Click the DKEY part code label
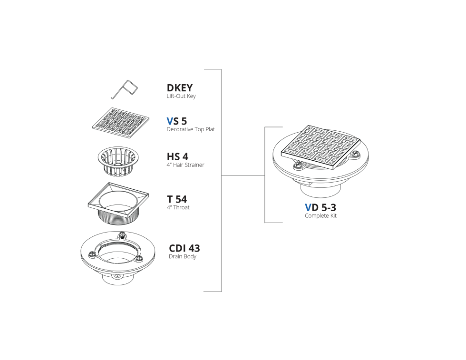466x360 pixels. pos(180,88)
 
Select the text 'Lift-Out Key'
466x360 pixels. pos(181,96)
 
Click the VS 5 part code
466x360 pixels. pos(176,121)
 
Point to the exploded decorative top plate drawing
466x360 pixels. pos(121,123)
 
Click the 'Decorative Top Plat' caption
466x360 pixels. pos(191,129)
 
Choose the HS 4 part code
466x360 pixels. pos(177,156)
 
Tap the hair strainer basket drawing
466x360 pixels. pos(118,161)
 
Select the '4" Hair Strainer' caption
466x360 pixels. pos(185,165)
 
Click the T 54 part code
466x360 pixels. pos(177,199)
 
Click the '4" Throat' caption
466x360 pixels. pos(178,207)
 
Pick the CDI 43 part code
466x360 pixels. pos(184,248)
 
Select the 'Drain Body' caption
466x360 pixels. pos(183,256)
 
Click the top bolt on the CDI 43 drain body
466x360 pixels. pos(122,235)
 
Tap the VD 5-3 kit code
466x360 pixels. pos(320,207)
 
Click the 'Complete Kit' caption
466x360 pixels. pos(320,216)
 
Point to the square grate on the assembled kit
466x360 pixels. pos(320,147)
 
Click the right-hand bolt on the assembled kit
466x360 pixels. pos(356,154)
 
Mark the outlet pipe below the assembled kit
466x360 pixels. pos(320,190)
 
